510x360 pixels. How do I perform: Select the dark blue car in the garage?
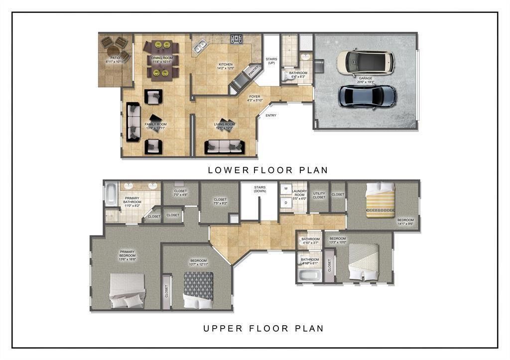(x=368, y=96)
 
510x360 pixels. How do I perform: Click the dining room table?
(x=161, y=60)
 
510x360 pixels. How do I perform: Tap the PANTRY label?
(x=254, y=70)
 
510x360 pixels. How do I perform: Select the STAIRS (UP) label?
(x=271, y=61)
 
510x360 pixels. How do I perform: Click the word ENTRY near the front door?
(x=270, y=116)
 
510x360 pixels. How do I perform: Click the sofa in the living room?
(x=224, y=146)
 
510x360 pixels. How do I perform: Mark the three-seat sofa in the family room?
(x=133, y=122)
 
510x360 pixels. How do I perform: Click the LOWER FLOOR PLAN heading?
(x=267, y=170)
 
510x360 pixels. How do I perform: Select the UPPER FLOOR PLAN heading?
(x=263, y=328)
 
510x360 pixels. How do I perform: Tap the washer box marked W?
(x=286, y=189)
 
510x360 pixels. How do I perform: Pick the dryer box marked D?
(x=286, y=203)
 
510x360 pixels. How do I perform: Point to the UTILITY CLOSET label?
(x=319, y=196)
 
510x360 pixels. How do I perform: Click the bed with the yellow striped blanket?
(x=380, y=201)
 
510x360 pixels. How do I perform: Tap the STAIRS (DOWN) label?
(x=259, y=189)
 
